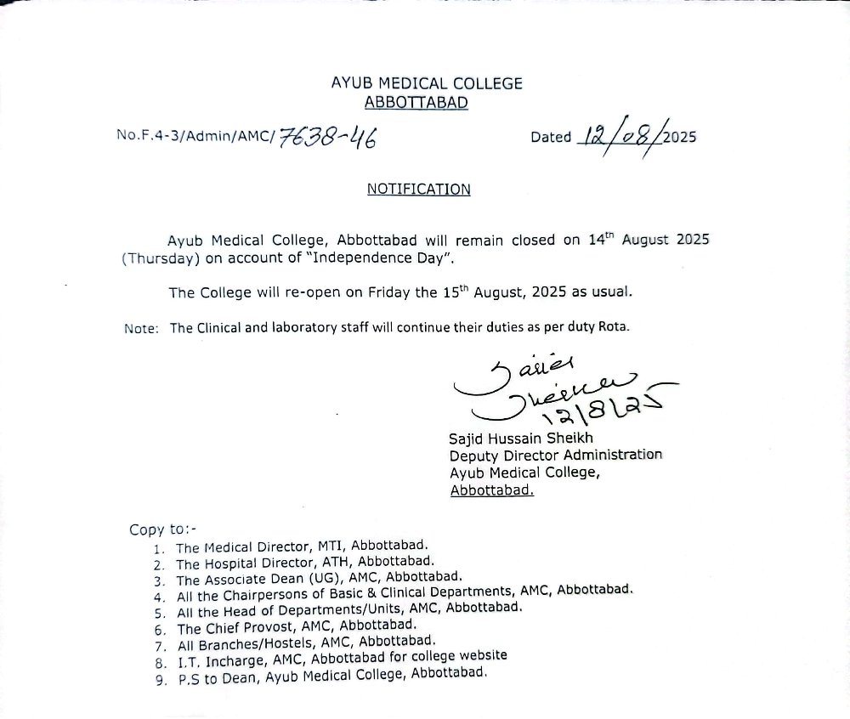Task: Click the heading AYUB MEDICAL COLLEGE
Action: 427,83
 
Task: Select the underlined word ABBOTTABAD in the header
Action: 416,103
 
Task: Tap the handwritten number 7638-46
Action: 327,136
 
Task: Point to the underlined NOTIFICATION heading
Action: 418,189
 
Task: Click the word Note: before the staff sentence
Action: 141,329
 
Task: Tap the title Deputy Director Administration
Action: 556,456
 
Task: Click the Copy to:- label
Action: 162,529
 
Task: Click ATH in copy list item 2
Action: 335,563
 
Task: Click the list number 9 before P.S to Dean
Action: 159,680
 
